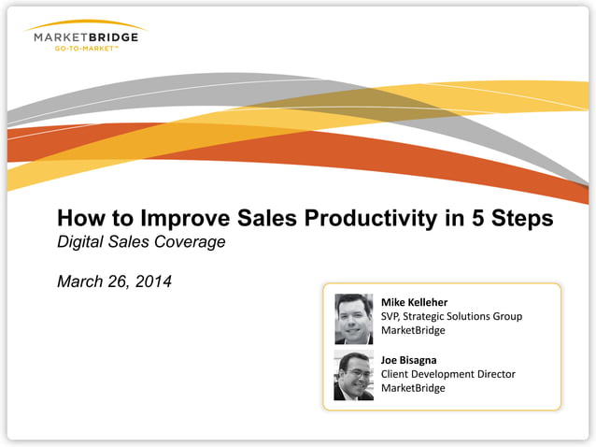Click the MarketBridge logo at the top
coord(86,37)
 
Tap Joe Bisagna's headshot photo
coord(353,376)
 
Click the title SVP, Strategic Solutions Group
coord(451,316)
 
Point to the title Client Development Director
coord(447,374)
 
